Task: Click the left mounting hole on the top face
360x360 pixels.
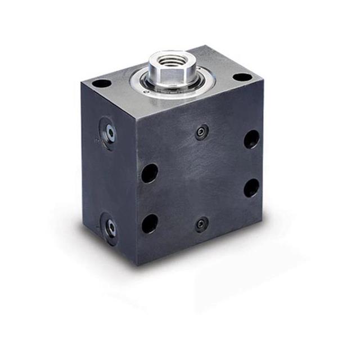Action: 102,83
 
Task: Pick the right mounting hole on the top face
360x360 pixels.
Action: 241,77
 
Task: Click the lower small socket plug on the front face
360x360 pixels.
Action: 201,224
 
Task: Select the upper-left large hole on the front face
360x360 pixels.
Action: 150,173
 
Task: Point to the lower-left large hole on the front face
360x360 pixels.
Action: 150,223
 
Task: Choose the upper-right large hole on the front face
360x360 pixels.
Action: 251,139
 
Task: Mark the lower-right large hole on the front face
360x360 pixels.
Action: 251,187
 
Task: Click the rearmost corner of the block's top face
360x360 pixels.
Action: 209,46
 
